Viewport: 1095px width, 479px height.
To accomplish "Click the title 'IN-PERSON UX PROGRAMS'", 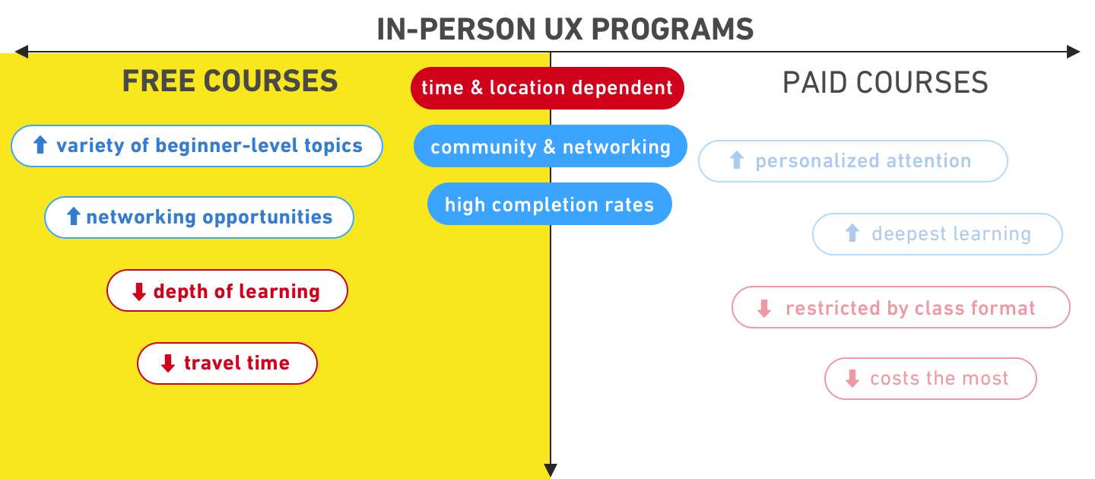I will (565, 29).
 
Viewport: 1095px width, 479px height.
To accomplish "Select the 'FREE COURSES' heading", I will (230, 81).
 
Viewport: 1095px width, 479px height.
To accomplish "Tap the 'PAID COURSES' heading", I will (885, 82).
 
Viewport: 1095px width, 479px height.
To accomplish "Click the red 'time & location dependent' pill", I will (547, 88).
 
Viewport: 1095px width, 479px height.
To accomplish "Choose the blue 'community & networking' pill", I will (550, 146).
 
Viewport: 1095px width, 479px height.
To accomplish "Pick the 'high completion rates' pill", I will (549, 205).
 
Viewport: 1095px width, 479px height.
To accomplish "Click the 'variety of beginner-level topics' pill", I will (196, 145).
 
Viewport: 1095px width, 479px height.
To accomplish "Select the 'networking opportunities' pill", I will (198, 217).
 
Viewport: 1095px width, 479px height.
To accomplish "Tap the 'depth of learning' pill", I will (227, 291).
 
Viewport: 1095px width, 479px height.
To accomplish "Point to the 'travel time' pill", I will (227, 363).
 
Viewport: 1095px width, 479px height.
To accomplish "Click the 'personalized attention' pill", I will (852, 161).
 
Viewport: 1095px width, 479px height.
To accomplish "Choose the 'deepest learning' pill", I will (937, 234).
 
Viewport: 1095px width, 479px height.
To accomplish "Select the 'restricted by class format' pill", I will (900, 308).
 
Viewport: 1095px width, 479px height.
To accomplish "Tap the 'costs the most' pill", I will (930, 379).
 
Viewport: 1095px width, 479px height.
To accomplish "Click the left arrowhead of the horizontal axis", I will (21, 52).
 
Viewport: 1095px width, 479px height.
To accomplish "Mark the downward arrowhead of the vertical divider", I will (551, 470).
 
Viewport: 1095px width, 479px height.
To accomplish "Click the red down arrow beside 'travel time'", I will (168, 363).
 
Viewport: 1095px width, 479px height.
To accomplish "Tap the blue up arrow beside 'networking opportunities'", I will (73, 217).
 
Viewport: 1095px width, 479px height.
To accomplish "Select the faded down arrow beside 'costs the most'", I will (852, 379).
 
